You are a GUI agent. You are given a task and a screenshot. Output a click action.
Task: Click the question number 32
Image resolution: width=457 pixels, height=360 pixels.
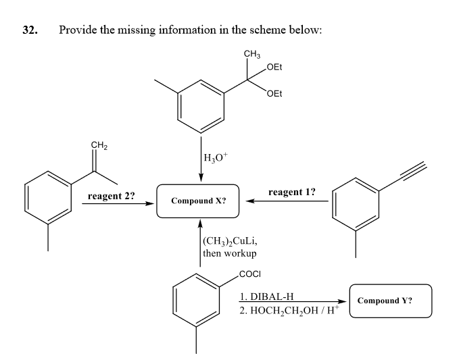coord(29,30)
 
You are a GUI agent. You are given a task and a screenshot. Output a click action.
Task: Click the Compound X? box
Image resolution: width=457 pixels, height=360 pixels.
coord(198,201)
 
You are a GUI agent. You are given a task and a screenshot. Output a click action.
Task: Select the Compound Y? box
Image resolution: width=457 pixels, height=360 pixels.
coord(391,301)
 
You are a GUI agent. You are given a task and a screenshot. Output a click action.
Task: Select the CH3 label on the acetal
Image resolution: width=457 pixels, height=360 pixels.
coord(252,54)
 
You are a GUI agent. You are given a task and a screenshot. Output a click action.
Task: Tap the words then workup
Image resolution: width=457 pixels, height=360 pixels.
coord(229,253)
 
